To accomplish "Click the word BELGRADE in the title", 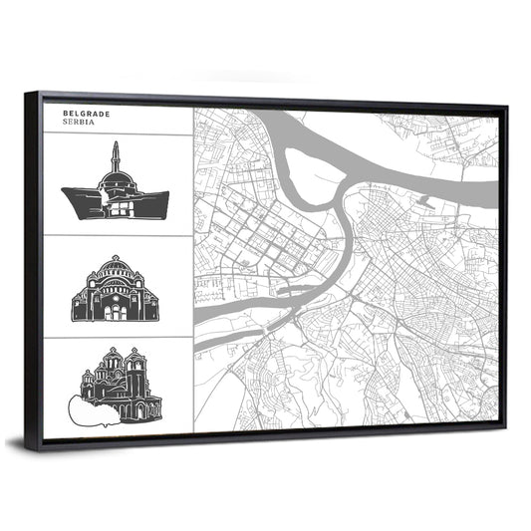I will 86,114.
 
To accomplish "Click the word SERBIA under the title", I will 80,123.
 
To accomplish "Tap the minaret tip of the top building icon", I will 116,145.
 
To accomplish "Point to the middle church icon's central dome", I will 115,267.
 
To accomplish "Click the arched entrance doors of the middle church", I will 115,312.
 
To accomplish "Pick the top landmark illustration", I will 116,189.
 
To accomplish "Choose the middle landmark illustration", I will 115,290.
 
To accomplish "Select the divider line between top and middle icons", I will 117,236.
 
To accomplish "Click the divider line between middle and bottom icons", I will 117,337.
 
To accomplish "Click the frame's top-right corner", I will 505,106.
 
